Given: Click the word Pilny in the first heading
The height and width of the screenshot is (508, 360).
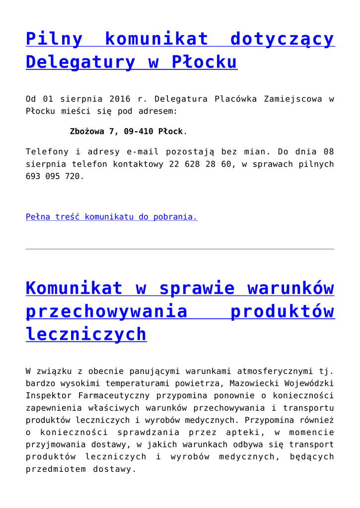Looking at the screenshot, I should click(x=54, y=39).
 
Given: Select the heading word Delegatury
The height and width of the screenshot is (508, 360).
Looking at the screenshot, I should click(x=80, y=62).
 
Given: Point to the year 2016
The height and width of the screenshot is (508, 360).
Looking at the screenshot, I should click(x=120, y=99).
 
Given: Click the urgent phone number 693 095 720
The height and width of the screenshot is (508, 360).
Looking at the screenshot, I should click(x=54, y=176).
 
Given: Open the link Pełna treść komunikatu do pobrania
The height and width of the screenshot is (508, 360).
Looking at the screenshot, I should click(x=111, y=217).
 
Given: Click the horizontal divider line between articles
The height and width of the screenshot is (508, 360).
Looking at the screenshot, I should click(x=180, y=249).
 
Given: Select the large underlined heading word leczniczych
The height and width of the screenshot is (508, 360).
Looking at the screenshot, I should click(x=86, y=334).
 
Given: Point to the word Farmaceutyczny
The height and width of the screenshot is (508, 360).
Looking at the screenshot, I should click(x=115, y=395).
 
